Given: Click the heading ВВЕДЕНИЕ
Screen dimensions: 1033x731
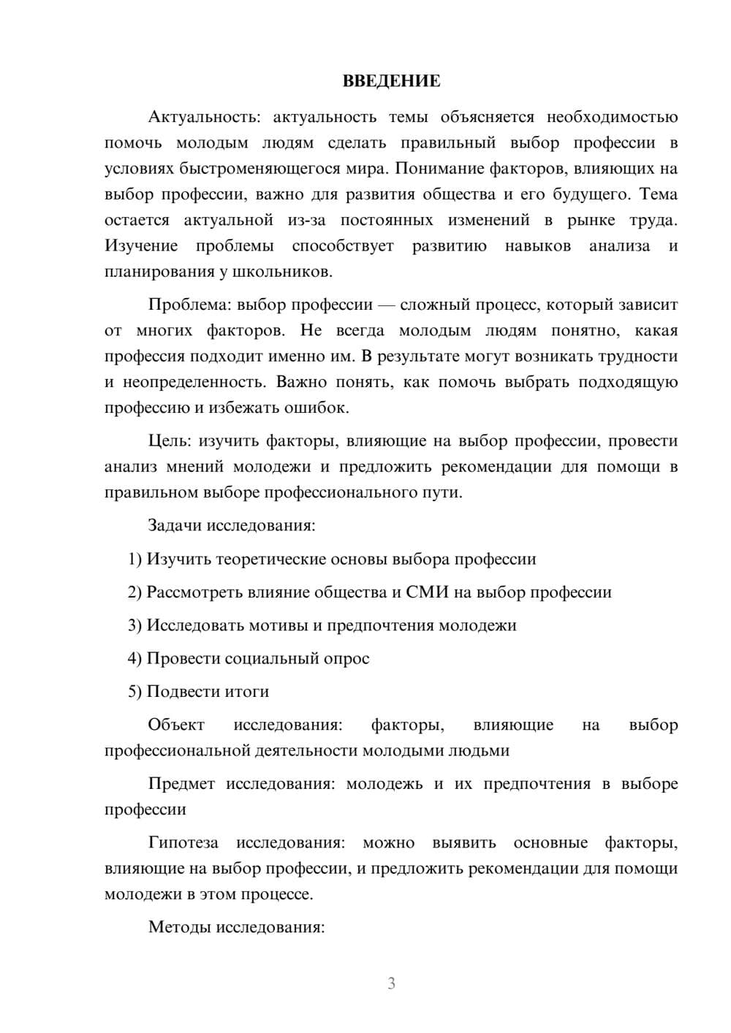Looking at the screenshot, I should [x=391, y=82].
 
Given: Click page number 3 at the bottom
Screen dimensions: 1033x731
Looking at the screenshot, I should [x=391, y=983].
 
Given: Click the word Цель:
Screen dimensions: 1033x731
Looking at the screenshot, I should [x=170, y=441].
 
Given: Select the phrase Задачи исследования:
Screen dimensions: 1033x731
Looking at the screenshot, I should [x=231, y=525].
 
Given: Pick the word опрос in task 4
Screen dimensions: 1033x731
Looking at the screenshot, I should [x=347, y=658].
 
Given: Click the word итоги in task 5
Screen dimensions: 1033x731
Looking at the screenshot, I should [x=246, y=692].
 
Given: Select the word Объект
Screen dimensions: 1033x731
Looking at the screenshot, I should [x=176, y=725].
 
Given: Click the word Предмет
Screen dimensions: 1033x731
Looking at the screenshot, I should [x=181, y=784].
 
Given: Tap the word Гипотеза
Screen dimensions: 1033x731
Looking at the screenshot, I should [x=183, y=842].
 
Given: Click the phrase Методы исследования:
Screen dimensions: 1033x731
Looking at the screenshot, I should [x=236, y=927].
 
